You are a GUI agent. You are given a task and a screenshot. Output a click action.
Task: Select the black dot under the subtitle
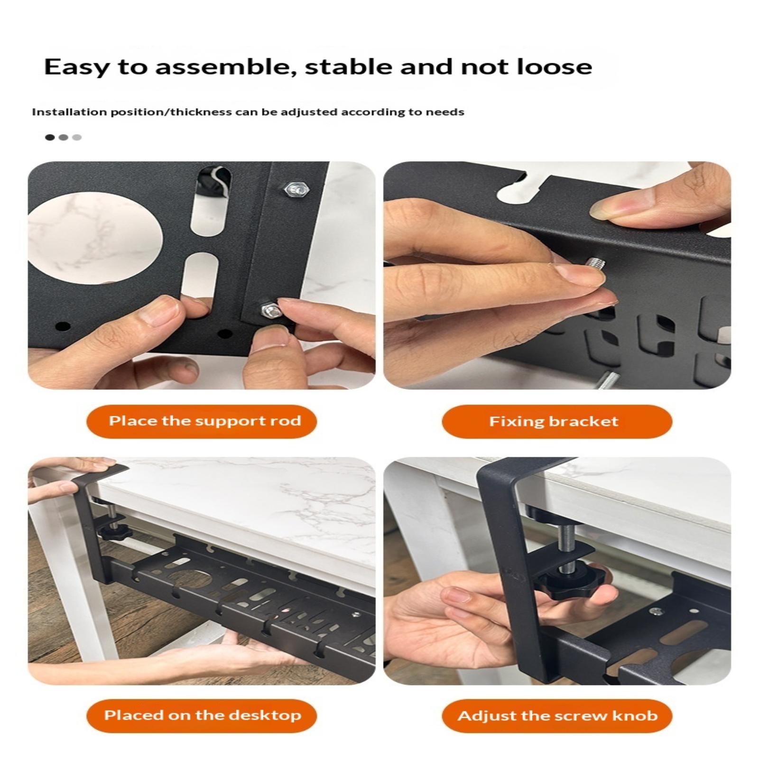pos(50,138)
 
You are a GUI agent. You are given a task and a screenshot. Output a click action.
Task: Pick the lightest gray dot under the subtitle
pos(77,138)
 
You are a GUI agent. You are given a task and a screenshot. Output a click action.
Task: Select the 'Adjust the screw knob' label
pos(557,715)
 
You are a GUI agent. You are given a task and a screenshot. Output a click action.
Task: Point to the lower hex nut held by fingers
pos(271,310)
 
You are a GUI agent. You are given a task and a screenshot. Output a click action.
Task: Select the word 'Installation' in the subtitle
pos(69,112)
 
